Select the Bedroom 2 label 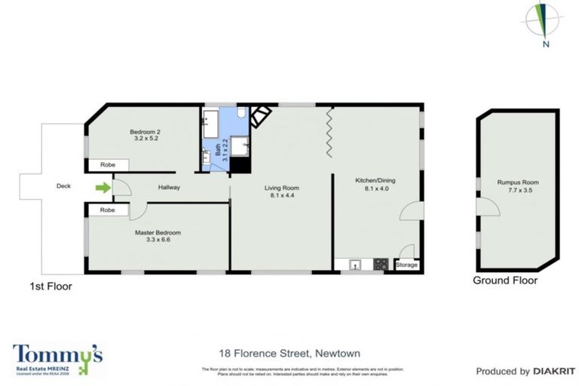coord(147,131)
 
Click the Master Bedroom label coord(158,233)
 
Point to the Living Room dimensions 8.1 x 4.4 coord(281,195)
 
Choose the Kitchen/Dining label coord(375,181)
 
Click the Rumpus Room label coord(516,182)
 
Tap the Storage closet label coord(406,265)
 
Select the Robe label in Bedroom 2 coord(103,164)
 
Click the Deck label coord(63,185)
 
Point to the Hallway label coord(169,187)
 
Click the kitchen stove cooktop coord(381,264)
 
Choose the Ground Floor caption coord(504,280)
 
